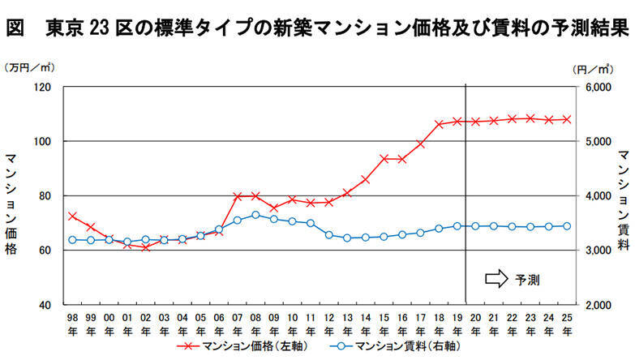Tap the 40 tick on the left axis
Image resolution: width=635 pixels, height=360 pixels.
click(x=45, y=305)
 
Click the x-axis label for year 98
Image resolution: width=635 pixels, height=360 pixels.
click(x=72, y=323)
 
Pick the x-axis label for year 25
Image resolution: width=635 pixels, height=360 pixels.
click(x=566, y=323)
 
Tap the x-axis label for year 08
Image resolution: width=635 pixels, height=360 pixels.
click(x=255, y=323)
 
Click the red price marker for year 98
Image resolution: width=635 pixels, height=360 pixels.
click(x=72, y=216)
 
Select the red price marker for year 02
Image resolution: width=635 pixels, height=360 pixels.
click(x=145, y=246)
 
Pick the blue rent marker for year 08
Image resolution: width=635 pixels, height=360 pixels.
click(x=255, y=215)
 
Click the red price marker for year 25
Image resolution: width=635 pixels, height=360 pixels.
click(x=566, y=119)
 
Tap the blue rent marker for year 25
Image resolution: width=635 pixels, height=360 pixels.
click(x=566, y=226)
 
